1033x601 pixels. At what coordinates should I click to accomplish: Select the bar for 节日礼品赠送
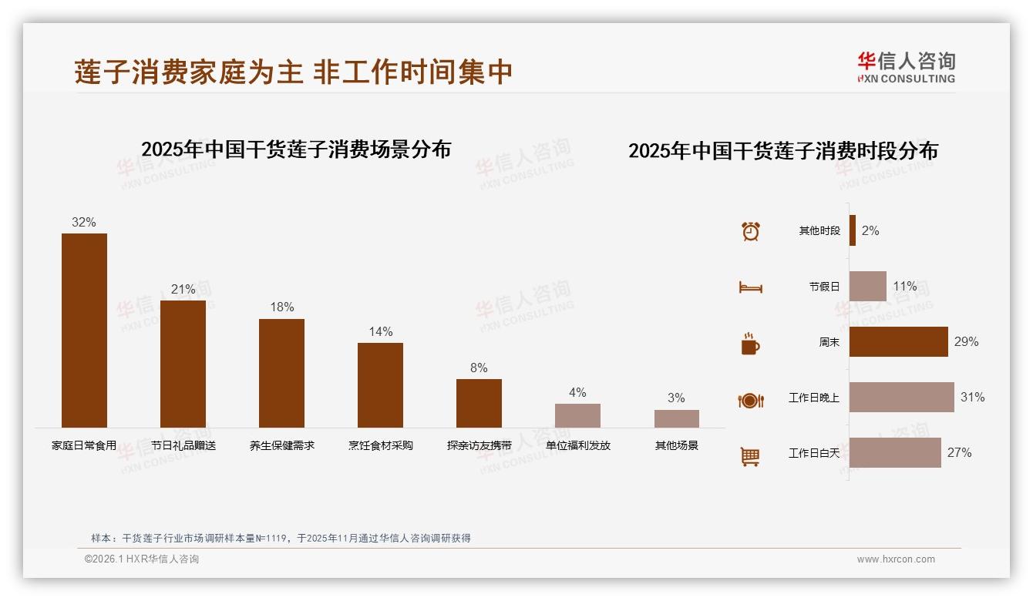point(183,364)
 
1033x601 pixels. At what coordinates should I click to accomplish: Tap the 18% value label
point(281,307)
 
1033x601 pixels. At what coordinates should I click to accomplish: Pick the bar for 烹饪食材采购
point(380,384)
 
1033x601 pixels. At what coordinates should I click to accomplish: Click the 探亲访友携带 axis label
point(479,445)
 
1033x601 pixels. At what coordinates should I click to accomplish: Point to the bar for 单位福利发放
point(577,415)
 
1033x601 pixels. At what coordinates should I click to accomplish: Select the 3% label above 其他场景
point(676,398)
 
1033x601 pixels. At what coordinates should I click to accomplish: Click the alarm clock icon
point(750,231)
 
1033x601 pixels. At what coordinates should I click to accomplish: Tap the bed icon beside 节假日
point(750,287)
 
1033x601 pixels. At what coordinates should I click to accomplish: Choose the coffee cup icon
point(750,344)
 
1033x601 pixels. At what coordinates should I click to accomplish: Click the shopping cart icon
point(750,456)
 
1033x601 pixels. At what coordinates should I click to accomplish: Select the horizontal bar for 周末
point(898,342)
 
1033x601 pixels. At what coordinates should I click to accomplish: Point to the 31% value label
point(972,398)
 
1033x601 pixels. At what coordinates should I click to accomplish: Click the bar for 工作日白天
point(895,453)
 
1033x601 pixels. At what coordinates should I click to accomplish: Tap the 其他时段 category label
point(819,231)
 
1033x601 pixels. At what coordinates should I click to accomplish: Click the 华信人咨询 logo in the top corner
point(906,68)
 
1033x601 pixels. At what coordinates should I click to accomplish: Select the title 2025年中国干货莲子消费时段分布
point(782,151)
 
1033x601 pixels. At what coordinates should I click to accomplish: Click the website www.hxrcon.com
point(896,559)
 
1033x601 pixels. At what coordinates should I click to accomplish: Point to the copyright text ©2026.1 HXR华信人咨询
point(142,559)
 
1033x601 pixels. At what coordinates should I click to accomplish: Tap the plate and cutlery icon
point(750,400)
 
